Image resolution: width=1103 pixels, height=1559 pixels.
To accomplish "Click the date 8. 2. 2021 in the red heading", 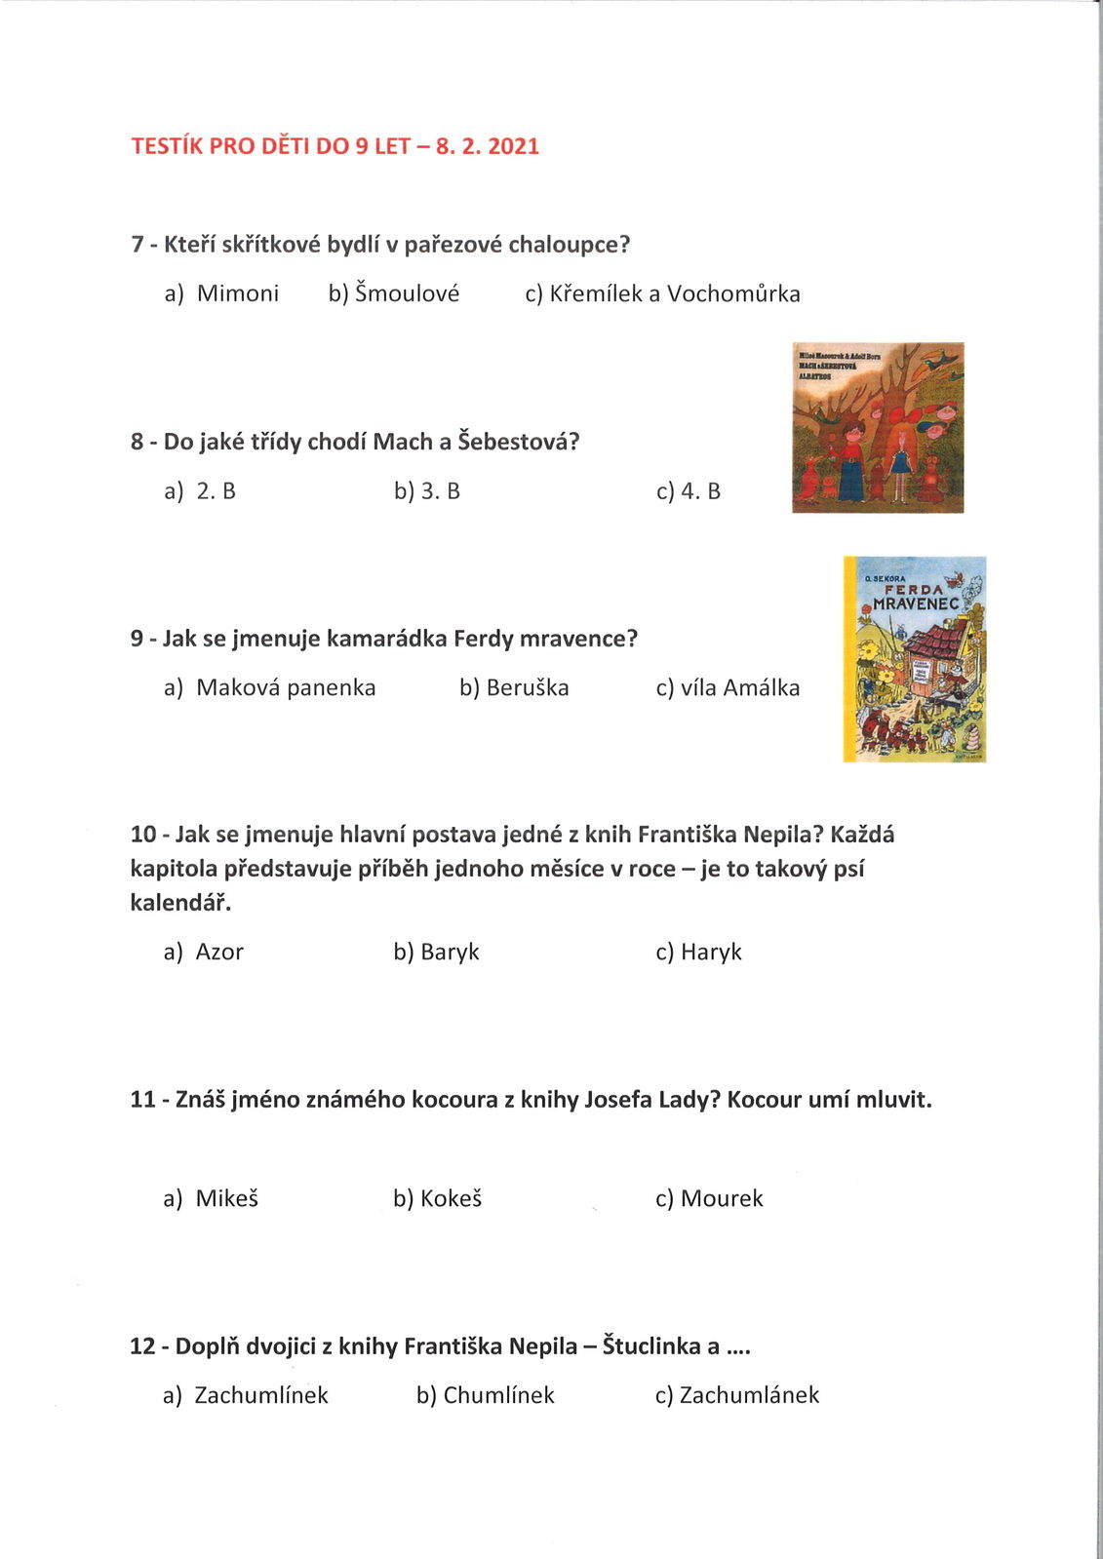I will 487,146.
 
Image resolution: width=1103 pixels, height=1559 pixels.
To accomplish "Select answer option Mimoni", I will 237,293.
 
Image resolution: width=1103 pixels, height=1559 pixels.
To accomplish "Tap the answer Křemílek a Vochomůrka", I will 674,293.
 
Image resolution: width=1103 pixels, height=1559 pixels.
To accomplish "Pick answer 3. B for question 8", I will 439,491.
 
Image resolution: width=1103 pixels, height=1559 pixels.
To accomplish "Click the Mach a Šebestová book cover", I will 878,427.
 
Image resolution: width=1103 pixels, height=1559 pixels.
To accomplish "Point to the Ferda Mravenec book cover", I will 915,659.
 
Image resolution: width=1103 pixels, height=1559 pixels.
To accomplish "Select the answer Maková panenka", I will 285,687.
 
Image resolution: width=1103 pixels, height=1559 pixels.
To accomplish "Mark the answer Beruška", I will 527,687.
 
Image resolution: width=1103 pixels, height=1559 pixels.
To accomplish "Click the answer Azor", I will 219,952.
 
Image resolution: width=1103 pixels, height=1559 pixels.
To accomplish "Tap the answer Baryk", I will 449,952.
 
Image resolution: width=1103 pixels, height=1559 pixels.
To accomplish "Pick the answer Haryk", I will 711,952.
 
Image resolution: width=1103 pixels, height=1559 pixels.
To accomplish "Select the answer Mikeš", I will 226,1198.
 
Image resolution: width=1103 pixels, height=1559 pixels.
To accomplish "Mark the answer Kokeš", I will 451,1198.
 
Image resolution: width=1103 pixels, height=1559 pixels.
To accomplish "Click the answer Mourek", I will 722,1198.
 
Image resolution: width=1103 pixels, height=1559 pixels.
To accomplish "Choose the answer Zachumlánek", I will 749,1395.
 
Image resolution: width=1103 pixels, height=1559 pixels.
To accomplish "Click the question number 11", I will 142,1100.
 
